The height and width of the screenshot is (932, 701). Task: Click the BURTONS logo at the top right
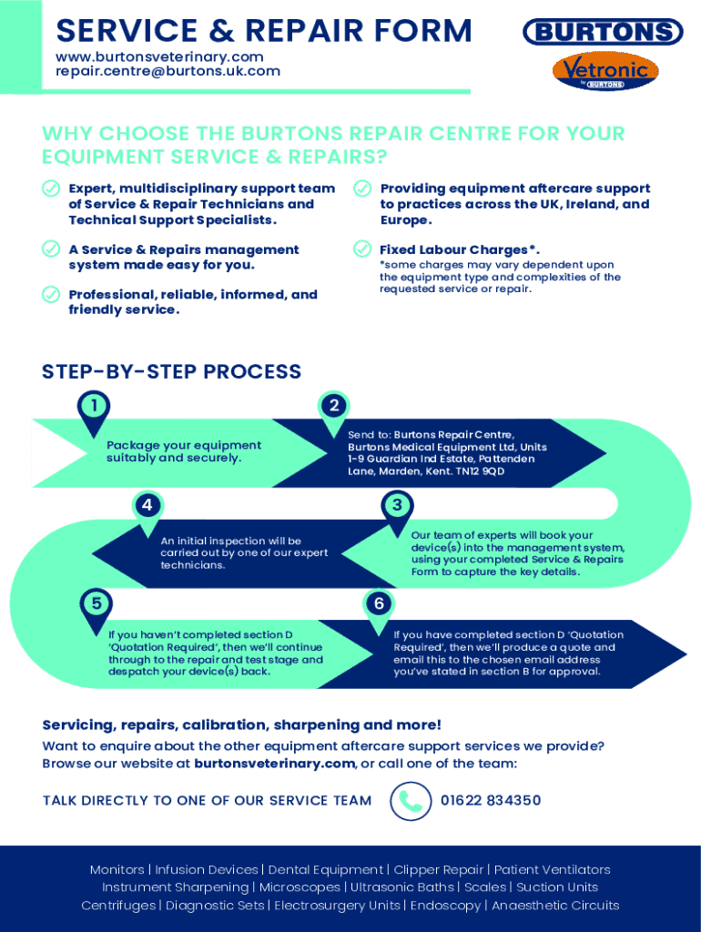point(603,33)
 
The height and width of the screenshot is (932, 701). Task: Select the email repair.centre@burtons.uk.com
point(168,71)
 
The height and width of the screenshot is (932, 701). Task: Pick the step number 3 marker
point(396,505)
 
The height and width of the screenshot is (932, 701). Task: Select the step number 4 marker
point(147,505)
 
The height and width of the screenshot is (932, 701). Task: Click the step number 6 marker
point(379,603)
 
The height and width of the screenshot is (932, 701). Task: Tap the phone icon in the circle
point(411,801)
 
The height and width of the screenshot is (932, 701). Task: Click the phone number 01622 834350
point(491,801)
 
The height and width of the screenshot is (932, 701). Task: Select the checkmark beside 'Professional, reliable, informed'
point(51,294)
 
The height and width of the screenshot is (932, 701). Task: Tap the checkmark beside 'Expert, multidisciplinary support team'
point(51,188)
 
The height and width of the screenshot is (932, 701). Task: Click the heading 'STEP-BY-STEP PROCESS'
point(171,371)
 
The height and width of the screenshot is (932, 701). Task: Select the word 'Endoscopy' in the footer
point(445,905)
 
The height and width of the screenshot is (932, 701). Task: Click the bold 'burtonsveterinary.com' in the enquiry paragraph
point(274,764)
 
